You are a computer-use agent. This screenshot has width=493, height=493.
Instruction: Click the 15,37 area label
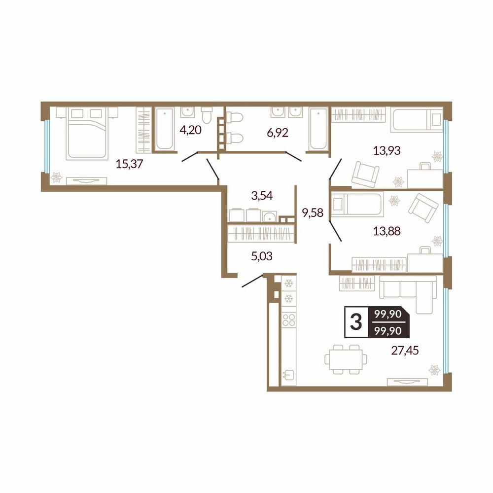point(130,164)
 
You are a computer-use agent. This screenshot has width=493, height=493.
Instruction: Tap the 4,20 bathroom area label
point(190,130)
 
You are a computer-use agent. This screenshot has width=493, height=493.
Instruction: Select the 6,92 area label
point(278,133)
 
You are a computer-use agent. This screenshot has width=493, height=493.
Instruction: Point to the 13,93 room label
point(387,150)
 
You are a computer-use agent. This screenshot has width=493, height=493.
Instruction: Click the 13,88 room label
point(387,231)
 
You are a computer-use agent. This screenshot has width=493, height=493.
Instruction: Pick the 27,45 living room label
point(405,350)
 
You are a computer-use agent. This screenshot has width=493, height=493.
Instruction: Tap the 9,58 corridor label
point(313,213)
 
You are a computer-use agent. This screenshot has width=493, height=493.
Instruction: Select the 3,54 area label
point(262,196)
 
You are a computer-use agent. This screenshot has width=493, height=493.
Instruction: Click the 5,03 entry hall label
point(262,256)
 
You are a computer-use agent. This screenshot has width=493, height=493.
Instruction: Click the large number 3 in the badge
point(356,322)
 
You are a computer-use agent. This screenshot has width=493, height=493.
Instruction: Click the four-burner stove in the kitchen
point(289,320)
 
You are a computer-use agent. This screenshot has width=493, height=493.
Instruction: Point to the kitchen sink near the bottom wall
point(289,375)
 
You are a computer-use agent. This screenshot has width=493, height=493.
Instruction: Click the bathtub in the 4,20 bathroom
point(165,129)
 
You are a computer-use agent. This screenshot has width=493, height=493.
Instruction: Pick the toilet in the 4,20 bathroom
point(207,115)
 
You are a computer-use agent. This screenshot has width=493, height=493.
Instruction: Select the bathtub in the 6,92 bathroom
point(318,128)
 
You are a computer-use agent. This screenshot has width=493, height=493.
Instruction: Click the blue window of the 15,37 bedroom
point(46,146)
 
